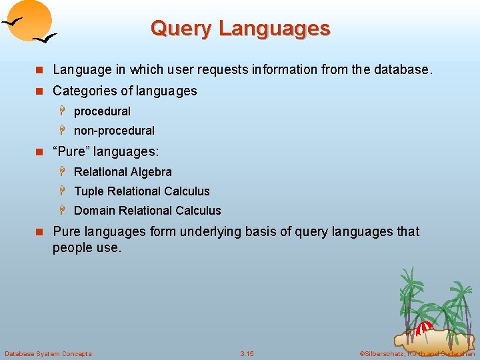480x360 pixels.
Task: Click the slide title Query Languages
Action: coord(240,29)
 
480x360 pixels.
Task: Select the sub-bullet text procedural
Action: coord(102,111)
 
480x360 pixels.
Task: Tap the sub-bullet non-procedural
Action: coord(114,131)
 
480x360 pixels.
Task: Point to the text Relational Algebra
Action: coord(123,172)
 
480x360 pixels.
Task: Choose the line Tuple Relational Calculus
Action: coord(141,191)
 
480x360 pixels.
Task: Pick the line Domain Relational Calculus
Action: coord(147,211)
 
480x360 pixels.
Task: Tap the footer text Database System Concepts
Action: coord(49,353)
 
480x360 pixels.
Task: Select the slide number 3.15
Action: coord(247,353)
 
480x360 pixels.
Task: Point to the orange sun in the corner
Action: coord(31,19)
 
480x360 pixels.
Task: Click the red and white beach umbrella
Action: coord(424,328)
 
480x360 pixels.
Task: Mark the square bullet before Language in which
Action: coord(39,70)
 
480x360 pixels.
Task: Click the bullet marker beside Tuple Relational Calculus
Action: coord(65,191)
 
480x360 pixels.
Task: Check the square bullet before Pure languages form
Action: coord(39,232)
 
